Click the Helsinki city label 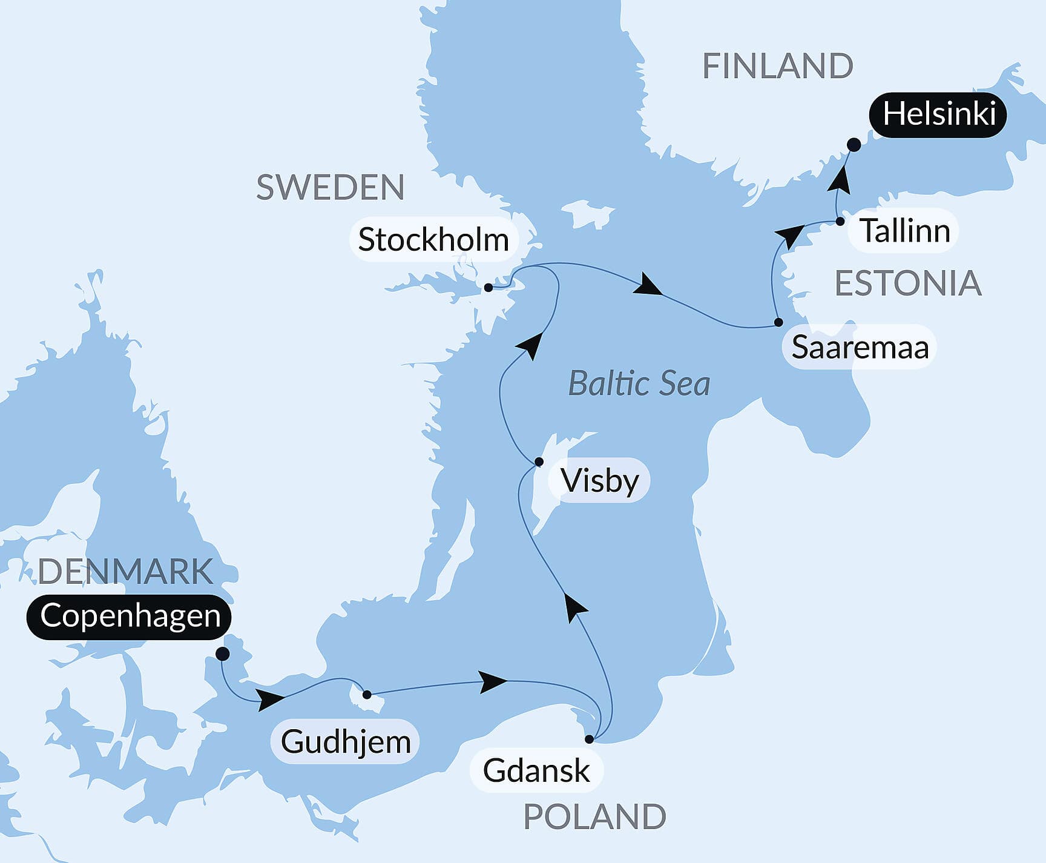[x=938, y=114]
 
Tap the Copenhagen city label [x=130, y=617]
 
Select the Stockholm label [x=433, y=240]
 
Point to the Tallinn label [x=904, y=231]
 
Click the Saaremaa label [x=860, y=348]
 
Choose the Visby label [x=599, y=481]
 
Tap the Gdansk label [x=536, y=771]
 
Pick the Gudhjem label [x=346, y=742]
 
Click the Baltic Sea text [x=639, y=384]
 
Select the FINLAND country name [x=778, y=66]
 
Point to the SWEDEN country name [x=331, y=188]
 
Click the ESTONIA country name [x=908, y=283]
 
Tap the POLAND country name [x=594, y=818]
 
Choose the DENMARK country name [x=126, y=572]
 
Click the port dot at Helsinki [x=854, y=145]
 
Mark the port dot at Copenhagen [x=222, y=654]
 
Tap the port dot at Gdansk [x=589, y=739]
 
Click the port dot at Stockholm [x=488, y=288]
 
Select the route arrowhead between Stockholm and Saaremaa [x=649, y=286]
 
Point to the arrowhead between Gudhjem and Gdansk [x=493, y=682]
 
